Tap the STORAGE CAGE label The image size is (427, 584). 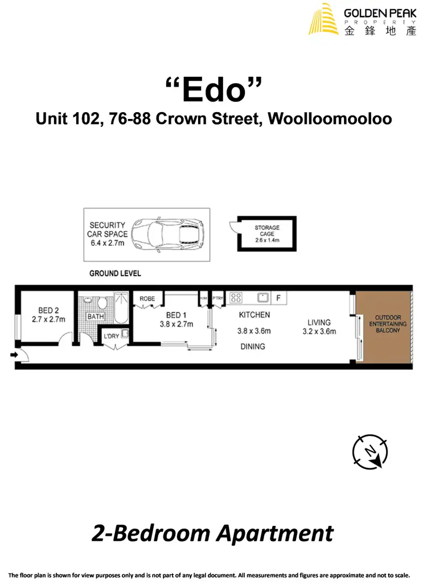pyautogui.click(x=267, y=231)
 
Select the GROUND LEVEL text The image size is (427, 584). pyautogui.click(x=115, y=273)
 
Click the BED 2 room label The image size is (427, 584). pyautogui.click(x=48, y=311)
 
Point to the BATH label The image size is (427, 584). pyautogui.click(x=95, y=316)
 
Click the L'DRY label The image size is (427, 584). pyautogui.click(x=110, y=336)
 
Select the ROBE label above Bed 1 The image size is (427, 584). pyautogui.click(x=147, y=298)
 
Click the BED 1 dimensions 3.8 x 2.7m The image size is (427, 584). pyautogui.click(x=176, y=324)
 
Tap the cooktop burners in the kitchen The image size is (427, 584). pyautogui.click(x=236, y=297)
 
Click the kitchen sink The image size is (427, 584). pyautogui.click(x=263, y=297)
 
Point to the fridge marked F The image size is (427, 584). pyautogui.click(x=278, y=297)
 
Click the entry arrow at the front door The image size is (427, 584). pyautogui.click(x=14, y=355)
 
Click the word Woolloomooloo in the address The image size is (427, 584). pyautogui.click(x=330, y=119)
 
